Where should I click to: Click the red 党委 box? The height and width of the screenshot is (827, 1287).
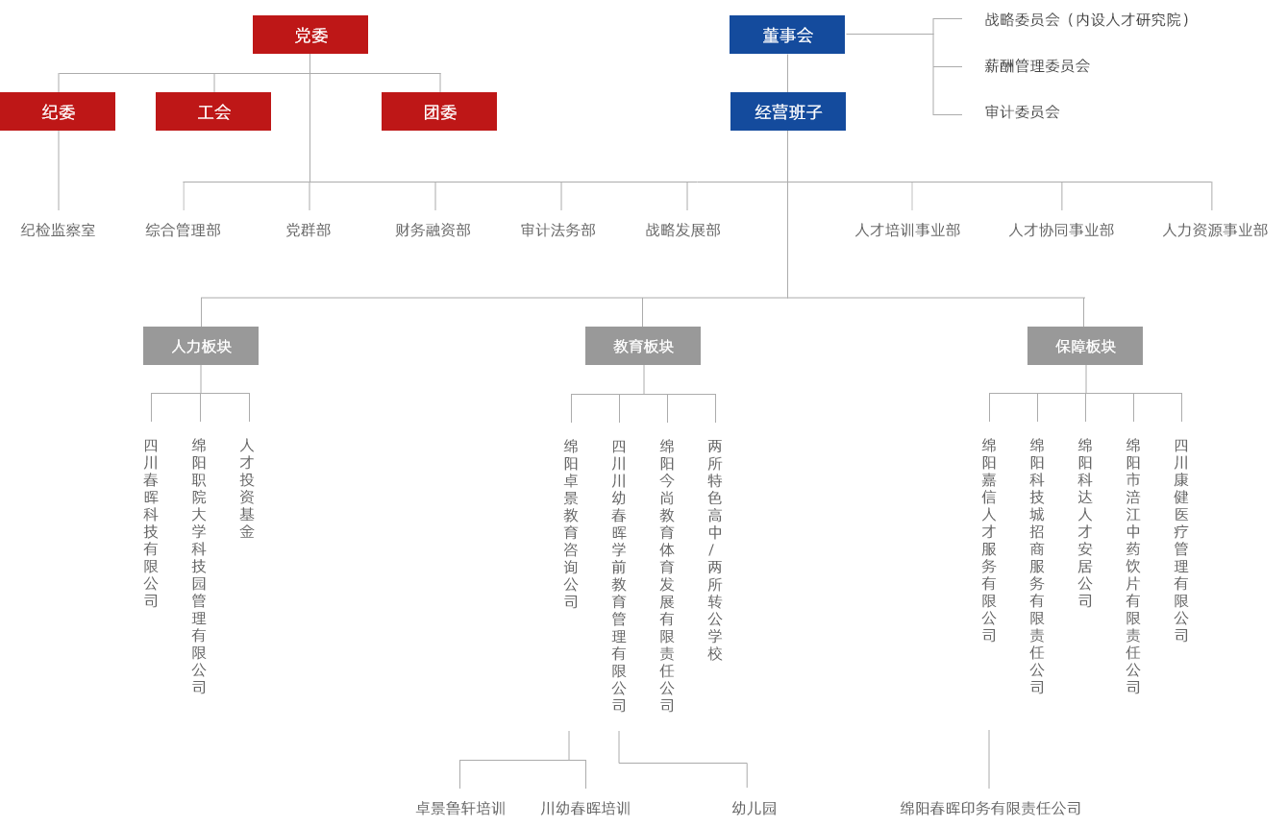[x=309, y=35]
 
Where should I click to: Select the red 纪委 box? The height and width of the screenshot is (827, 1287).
[x=58, y=111]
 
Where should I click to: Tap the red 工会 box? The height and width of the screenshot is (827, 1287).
[x=213, y=111]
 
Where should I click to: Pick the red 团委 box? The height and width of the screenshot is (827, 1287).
[x=439, y=111]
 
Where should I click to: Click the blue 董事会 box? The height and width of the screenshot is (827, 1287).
[x=787, y=35]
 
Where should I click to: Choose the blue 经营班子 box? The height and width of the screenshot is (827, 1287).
[x=788, y=111]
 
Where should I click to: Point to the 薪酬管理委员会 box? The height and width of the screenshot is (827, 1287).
[x=1089, y=65]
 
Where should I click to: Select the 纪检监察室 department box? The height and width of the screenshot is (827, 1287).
[x=58, y=230]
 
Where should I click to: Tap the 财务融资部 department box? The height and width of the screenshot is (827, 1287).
[x=433, y=230]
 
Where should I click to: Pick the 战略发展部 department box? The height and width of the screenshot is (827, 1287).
[x=682, y=230]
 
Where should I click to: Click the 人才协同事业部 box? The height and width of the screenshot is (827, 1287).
[x=1061, y=230]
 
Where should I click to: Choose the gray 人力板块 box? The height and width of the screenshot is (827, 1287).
[x=201, y=346]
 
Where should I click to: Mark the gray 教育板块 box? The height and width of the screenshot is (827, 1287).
[x=643, y=346]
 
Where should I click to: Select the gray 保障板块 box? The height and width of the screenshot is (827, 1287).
[x=1085, y=346]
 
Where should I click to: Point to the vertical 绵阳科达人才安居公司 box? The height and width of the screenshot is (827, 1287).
[x=1085, y=575]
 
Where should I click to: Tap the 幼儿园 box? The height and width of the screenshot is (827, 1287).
[x=754, y=808]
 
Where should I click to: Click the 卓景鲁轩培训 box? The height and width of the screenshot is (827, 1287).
[x=460, y=808]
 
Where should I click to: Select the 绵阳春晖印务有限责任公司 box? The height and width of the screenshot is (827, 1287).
[x=989, y=808]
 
